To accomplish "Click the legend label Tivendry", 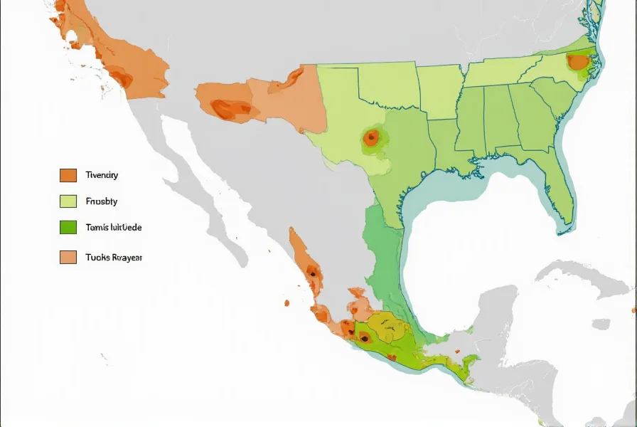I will point(102,175).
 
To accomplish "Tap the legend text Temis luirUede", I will point(113,228).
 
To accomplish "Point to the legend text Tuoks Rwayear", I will point(114,258).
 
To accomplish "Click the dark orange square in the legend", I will point(68,175).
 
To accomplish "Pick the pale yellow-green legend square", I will point(68,201).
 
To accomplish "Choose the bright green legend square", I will point(68,228).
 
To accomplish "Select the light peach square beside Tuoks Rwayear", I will point(68,258).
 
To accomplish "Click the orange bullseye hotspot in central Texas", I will point(370,138).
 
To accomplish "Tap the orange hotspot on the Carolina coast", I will point(578,62).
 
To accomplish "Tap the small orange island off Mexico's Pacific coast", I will point(287,303).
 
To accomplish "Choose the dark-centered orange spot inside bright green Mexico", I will point(364,338).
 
